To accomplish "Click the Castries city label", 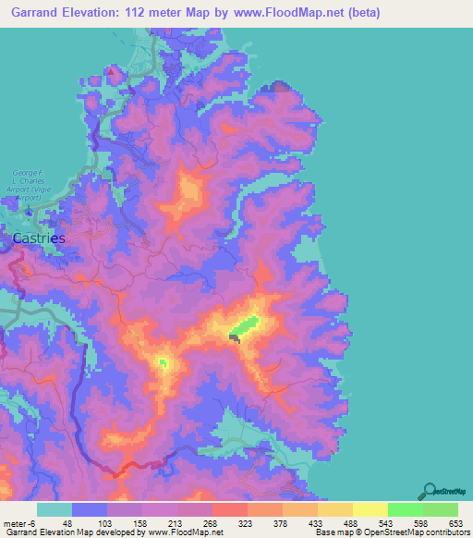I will [39, 238].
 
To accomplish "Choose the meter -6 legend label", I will [20, 522].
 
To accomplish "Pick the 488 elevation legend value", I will [337, 522].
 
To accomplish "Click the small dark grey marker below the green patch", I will [236, 339].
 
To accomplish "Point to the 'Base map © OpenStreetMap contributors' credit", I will [391, 532].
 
